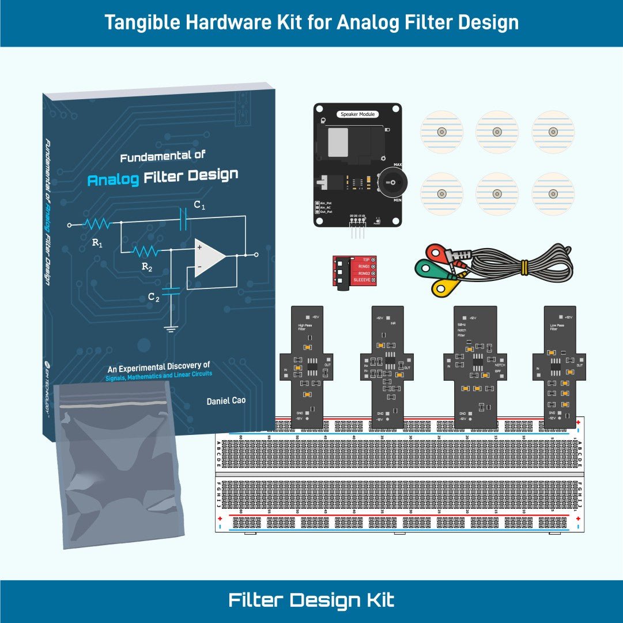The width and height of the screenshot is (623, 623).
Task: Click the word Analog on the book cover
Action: click(x=113, y=179)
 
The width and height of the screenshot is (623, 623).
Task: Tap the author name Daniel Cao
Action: click(x=226, y=400)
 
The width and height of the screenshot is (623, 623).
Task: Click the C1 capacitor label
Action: click(x=199, y=205)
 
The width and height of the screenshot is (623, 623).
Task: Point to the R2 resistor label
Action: click(x=147, y=268)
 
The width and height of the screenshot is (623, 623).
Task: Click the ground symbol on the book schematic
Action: click(x=171, y=329)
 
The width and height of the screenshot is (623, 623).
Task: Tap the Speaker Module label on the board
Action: click(x=357, y=114)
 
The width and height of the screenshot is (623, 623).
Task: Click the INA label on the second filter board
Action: click(x=393, y=324)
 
